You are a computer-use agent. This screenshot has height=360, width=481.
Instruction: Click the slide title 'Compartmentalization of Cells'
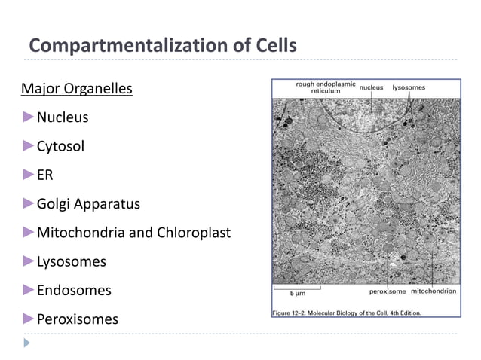click(x=162, y=46)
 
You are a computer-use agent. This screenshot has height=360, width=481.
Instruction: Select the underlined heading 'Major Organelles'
click(x=76, y=90)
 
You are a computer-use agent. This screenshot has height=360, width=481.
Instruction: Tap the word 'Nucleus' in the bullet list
click(x=63, y=118)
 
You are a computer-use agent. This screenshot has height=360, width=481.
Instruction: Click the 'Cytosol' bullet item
click(x=60, y=147)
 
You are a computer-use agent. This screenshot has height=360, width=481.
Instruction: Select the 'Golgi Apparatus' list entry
click(x=88, y=204)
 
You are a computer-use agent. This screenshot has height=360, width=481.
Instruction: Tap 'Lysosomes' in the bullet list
click(x=71, y=262)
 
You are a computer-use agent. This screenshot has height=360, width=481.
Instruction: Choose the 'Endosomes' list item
click(x=73, y=291)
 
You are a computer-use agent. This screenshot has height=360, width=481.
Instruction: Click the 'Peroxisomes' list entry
click(x=77, y=319)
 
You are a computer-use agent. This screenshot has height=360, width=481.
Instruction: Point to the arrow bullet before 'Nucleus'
click(x=29, y=117)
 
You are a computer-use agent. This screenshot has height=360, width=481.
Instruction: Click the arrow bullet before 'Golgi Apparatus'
click(x=29, y=203)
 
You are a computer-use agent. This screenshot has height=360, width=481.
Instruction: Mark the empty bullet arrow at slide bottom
click(x=28, y=343)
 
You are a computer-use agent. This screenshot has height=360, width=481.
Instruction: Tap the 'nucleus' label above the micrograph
click(x=371, y=88)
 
